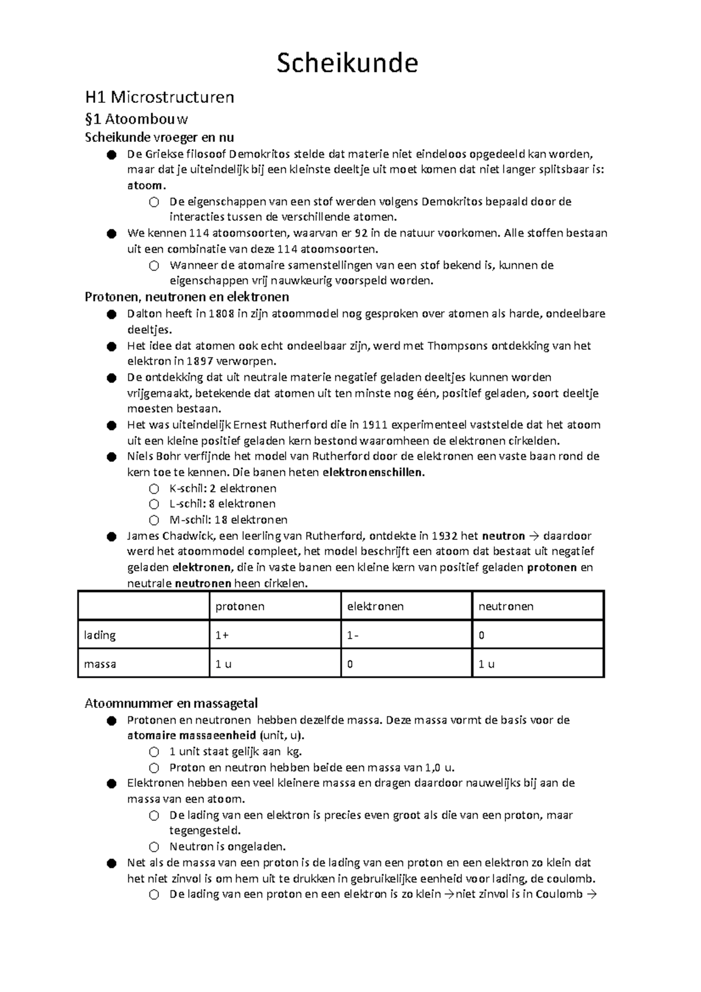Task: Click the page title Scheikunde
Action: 347,63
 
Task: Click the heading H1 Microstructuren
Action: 159,96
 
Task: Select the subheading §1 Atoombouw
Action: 137,119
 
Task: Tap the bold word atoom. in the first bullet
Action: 147,186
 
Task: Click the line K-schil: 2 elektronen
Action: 223,488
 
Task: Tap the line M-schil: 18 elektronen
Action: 228,520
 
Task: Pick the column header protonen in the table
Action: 240,606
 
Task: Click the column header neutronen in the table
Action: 506,606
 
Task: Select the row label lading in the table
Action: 100,635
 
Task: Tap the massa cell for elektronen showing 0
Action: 350,664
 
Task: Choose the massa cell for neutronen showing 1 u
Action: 487,664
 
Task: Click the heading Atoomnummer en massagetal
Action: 171,703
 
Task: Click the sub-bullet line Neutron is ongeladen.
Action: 227,847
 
